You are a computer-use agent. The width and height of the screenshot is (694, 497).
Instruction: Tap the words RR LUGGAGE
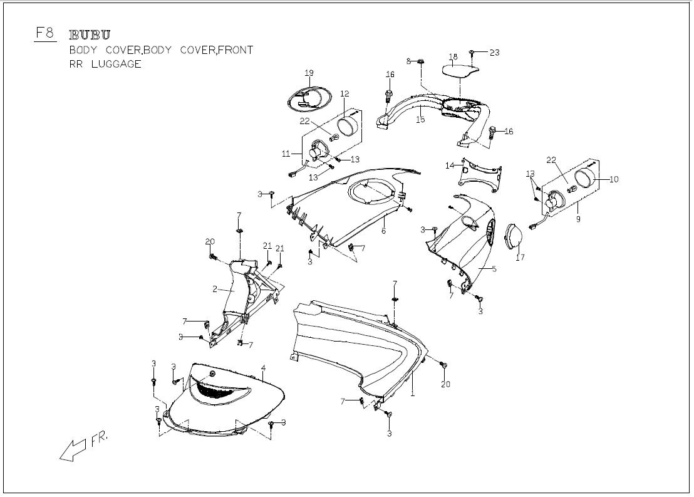click(x=105, y=64)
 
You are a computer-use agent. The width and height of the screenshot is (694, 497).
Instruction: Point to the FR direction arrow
click(x=74, y=449)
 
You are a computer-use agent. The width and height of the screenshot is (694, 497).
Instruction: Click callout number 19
click(x=309, y=73)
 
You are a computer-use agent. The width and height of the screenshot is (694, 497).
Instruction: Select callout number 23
click(x=494, y=53)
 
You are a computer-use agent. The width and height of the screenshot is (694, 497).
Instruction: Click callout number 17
click(x=520, y=257)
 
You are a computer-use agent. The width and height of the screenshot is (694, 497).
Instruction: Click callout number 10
click(x=613, y=179)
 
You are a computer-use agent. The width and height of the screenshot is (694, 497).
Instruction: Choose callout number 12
click(x=344, y=94)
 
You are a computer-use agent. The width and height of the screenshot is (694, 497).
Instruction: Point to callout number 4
click(x=264, y=368)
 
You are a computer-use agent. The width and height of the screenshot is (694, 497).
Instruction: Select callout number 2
click(x=214, y=290)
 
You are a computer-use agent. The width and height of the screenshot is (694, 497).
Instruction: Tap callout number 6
click(x=383, y=231)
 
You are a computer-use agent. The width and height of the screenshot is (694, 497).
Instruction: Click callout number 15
click(x=420, y=119)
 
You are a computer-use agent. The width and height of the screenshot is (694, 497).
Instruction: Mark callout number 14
click(x=449, y=165)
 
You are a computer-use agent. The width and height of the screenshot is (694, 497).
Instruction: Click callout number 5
click(x=494, y=269)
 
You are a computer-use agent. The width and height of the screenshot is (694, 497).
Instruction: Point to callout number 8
click(x=408, y=61)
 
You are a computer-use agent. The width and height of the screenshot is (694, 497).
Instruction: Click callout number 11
click(x=285, y=154)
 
